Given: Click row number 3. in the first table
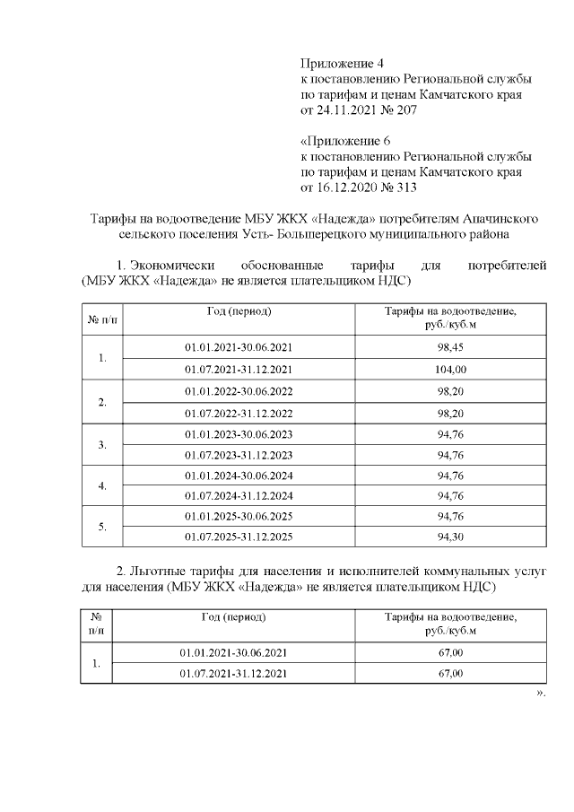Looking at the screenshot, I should (x=102, y=444).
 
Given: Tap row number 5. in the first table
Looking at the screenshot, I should (x=102, y=527).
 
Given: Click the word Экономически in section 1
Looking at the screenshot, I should (x=176, y=265).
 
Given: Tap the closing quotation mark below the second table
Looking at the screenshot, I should (x=540, y=694).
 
